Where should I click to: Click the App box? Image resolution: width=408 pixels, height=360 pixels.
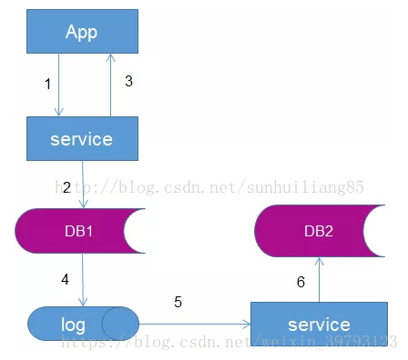point(82,31)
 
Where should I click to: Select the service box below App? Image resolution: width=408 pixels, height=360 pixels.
point(82,138)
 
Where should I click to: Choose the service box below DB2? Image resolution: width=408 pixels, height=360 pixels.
point(320,324)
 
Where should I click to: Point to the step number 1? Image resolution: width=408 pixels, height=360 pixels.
point(47,84)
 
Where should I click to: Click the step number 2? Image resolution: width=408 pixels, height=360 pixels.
point(66,187)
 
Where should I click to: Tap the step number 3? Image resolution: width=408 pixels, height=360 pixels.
point(128,81)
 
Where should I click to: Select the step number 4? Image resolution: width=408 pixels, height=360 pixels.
point(65,279)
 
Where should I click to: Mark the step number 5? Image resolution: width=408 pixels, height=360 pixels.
point(178,302)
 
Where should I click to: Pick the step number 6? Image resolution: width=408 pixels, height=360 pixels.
point(301,282)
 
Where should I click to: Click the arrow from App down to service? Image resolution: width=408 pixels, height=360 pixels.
point(59,85)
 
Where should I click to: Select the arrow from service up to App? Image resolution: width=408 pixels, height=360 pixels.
point(110,85)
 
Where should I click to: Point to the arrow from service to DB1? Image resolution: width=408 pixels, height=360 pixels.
point(83,185)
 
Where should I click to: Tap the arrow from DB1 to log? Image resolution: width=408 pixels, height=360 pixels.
point(83,280)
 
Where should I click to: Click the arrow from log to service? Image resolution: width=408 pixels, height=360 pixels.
point(195,324)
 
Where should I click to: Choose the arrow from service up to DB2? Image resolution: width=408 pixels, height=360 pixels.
point(319,279)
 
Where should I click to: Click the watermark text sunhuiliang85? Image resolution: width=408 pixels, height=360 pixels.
point(305,187)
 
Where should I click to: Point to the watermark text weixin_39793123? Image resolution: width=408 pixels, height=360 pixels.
point(330,342)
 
